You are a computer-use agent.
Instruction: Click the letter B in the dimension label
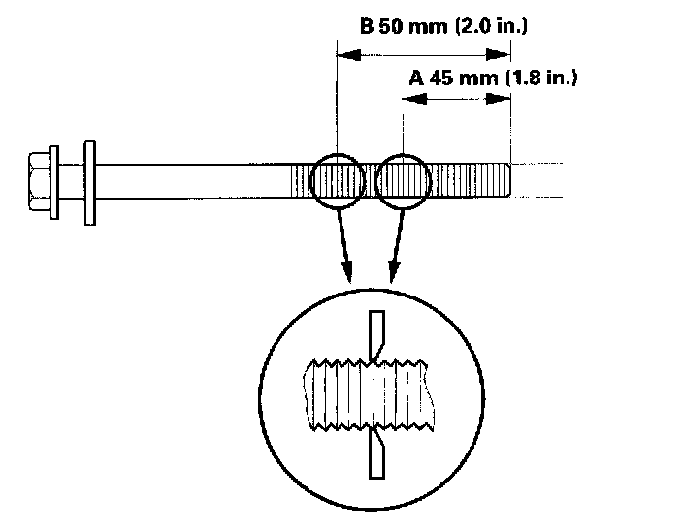pos(367,27)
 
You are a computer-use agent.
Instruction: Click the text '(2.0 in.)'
pos(490,27)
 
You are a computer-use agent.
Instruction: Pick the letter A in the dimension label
pos(415,78)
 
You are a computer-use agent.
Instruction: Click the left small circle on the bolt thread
pos(338,181)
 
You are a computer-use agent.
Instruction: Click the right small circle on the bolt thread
pos(402,181)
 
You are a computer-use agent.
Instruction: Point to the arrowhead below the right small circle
pos(392,271)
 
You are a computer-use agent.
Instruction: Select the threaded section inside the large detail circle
pos(369,395)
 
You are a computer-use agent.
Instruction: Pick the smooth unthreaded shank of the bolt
pos(194,181)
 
